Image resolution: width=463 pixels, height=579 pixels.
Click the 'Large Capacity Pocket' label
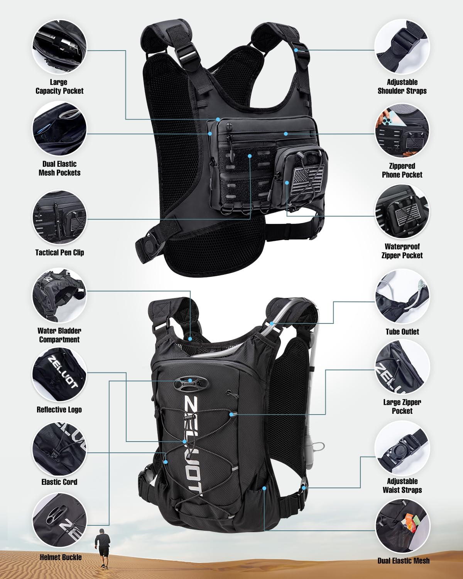tap(59, 87)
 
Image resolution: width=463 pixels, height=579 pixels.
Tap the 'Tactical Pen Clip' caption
tap(59, 253)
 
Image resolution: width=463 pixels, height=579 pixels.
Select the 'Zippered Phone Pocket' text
tap(402, 170)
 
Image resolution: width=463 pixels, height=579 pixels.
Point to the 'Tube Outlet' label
tap(402, 332)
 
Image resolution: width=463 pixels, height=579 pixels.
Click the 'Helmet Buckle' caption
tap(61, 557)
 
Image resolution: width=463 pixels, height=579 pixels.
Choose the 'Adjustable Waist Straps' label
tap(402, 486)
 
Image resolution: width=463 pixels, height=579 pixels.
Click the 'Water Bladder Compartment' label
tap(59, 335)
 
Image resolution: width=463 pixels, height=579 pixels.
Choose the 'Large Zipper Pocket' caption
tap(402, 406)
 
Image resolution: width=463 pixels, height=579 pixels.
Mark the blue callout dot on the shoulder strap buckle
tap(296, 50)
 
